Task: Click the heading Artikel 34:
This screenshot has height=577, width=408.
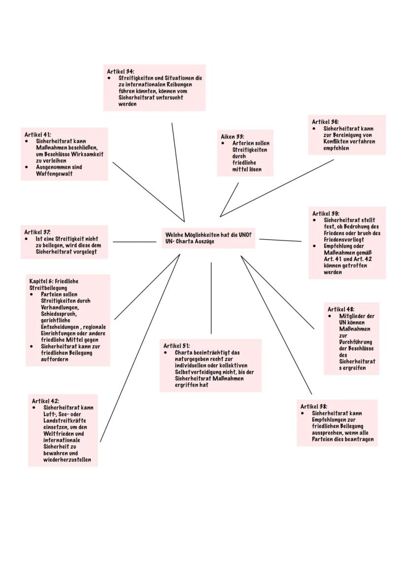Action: coord(121,71)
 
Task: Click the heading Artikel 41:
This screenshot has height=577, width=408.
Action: coord(38,134)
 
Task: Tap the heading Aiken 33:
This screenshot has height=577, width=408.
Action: coord(233,136)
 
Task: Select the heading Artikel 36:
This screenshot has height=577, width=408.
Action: coord(325,122)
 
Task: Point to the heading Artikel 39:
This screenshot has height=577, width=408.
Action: coord(326,213)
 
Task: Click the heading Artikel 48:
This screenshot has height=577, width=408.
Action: coord(341,309)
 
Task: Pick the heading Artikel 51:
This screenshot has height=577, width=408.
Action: coord(177,346)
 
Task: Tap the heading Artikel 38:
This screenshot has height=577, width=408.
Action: coord(314,406)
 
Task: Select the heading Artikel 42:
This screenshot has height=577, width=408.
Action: coord(46,401)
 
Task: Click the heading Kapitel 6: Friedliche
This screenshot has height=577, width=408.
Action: coord(54,281)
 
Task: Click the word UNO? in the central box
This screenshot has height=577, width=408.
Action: coord(245,235)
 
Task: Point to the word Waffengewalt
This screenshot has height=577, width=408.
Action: coord(54,173)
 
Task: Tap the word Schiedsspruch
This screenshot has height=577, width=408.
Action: coord(59,313)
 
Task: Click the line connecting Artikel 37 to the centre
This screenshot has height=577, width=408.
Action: coord(134,242)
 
